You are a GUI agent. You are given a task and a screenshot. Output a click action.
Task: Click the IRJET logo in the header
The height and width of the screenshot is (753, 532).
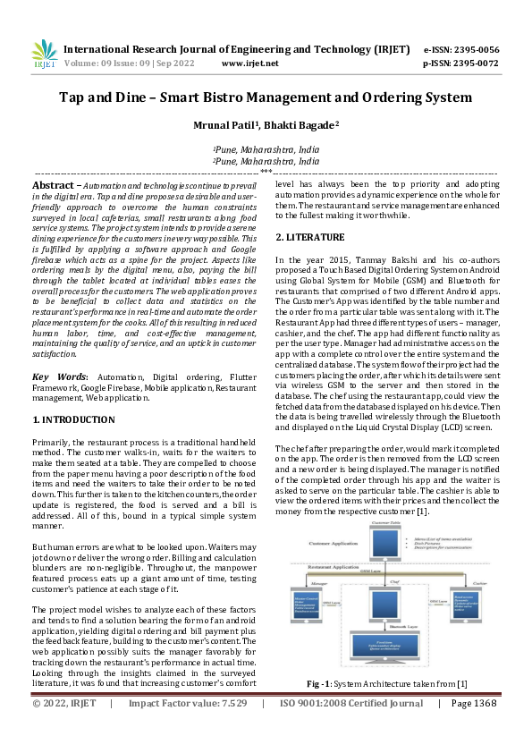44,55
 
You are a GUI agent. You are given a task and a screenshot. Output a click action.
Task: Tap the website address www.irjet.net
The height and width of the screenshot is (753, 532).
249,63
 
